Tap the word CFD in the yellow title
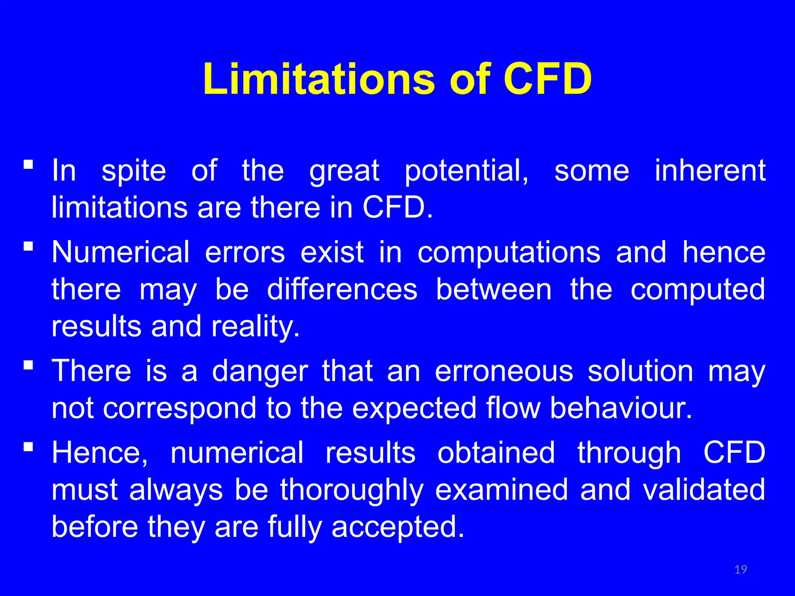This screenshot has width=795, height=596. click(x=548, y=79)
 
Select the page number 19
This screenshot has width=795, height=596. click(x=741, y=570)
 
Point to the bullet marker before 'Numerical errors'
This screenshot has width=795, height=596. click(x=28, y=246)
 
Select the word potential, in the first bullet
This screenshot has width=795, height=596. click(x=466, y=171)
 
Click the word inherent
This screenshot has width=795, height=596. click(x=710, y=170)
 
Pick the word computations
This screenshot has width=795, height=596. click(x=509, y=253)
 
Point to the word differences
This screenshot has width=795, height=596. click(x=342, y=289)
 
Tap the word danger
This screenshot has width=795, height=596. click(x=260, y=371)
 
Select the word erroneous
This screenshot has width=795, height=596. click(x=504, y=371)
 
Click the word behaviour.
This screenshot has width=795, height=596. click(x=621, y=408)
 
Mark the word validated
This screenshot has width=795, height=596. click(x=704, y=490)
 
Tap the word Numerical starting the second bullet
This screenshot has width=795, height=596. click(x=120, y=253)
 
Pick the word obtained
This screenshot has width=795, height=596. click(x=496, y=453)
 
